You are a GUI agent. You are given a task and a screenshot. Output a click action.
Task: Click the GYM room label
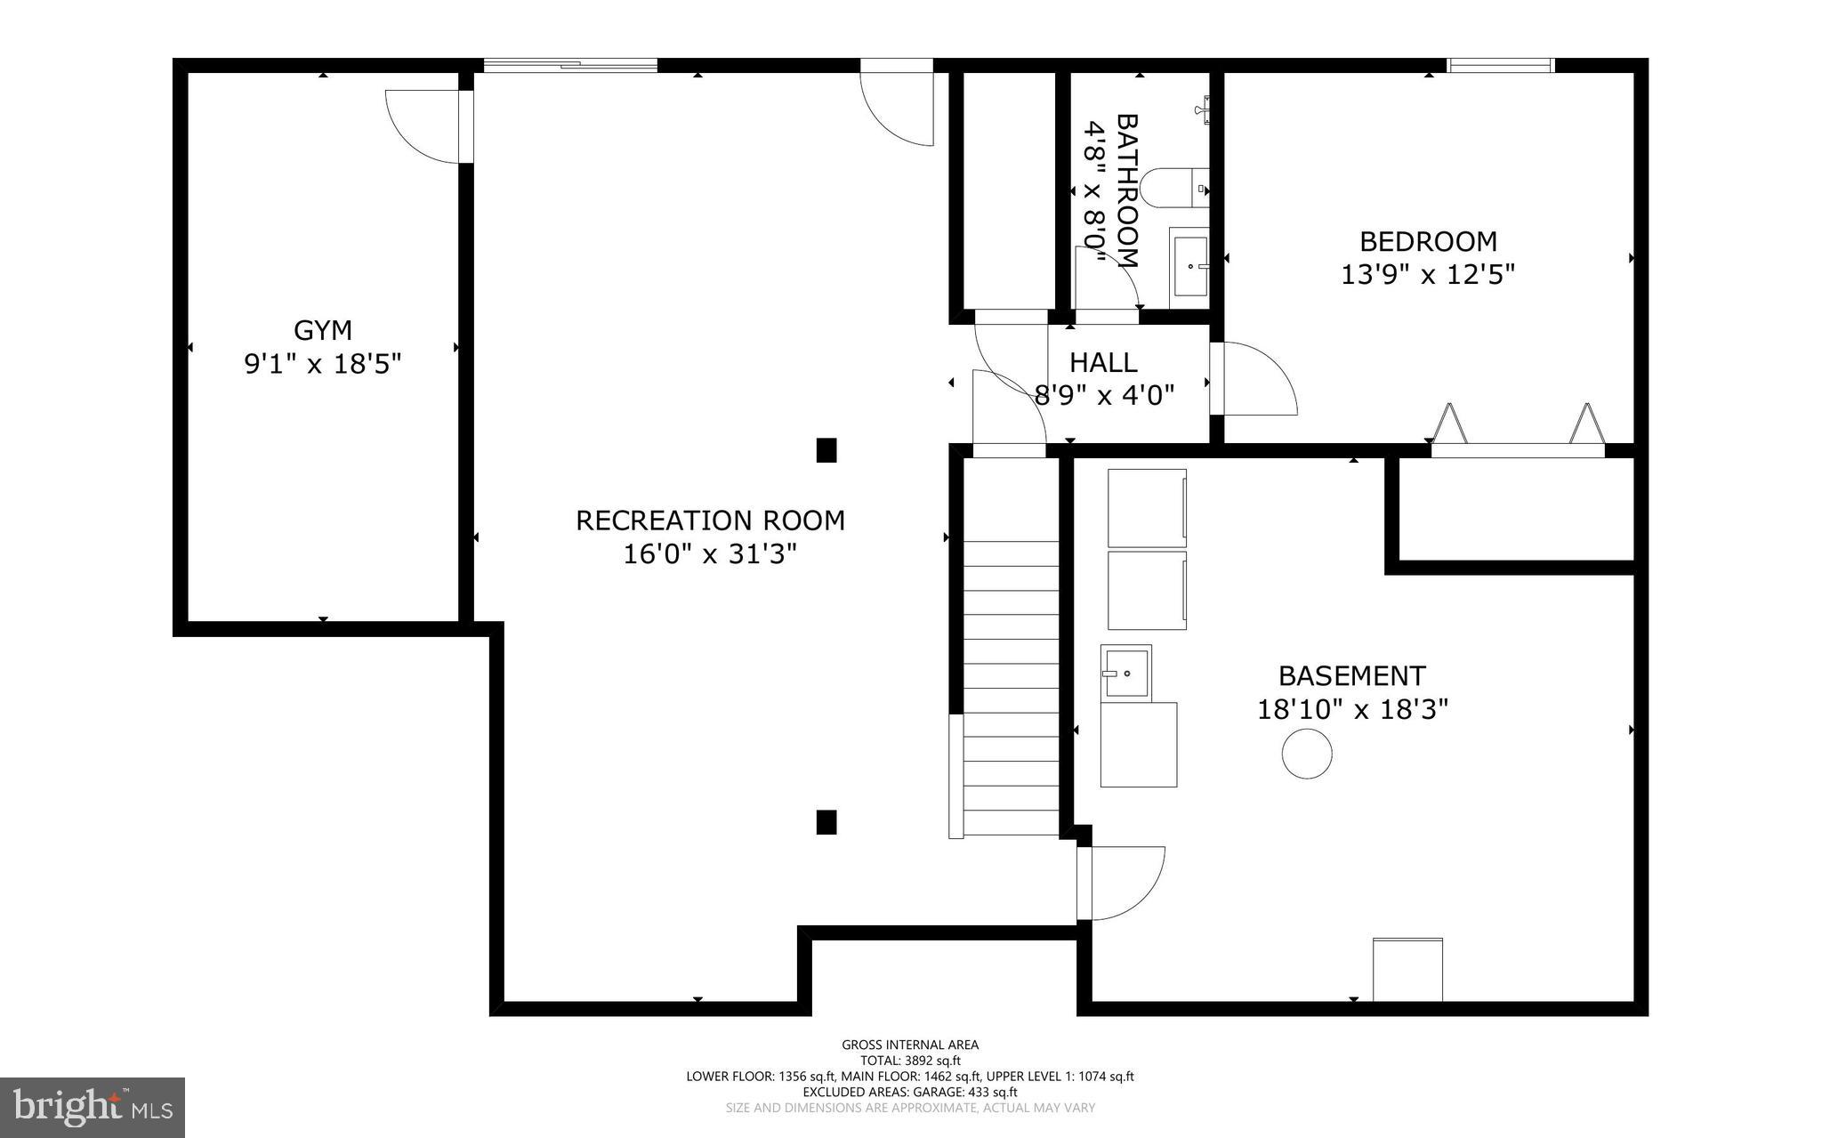[x=323, y=330]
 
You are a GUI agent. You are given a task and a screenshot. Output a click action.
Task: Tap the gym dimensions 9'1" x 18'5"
[x=323, y=363]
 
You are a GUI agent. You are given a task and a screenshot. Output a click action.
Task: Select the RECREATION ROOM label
[x=710, y=521]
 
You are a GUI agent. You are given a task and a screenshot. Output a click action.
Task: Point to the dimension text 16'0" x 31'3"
[x=709, y=554]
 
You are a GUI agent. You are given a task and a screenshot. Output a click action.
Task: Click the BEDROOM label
[x=1428, y=241]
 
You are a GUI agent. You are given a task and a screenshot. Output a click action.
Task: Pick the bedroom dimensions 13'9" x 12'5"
[x=1428, y=274]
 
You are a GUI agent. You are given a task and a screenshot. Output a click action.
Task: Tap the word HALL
[x=1103, y=362]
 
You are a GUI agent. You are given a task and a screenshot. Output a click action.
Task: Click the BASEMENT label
[x=1352, y=676]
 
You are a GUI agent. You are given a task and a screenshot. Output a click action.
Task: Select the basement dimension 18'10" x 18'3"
[x=1352, y=709]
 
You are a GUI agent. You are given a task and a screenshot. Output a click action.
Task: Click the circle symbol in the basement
[x=1307, y=755]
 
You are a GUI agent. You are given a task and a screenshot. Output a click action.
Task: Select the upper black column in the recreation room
[x=826, y=450]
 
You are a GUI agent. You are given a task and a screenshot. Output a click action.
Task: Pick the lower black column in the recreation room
[x=826, y=822]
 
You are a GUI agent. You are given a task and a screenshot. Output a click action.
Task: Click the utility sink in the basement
[x=1126, y=673]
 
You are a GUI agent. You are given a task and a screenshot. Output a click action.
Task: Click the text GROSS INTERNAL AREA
[x=910, y=1045]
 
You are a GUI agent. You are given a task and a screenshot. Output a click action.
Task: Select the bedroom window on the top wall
[x=1500, y=65]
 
